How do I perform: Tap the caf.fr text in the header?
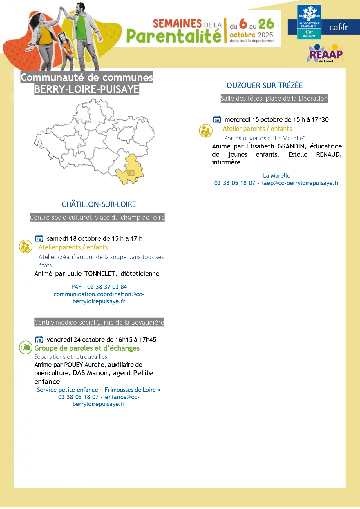[338, 27]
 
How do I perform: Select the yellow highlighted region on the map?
[130, 170]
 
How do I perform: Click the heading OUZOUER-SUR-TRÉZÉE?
[265, 85]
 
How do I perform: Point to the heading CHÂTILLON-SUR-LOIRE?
[99, 204]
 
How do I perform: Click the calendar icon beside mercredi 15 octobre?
[217, 119]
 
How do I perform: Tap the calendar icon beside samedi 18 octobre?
[39, 238]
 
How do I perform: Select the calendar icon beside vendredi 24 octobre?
[39, 339]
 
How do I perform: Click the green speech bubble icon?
[26, 347]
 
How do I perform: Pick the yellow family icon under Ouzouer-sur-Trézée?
[206, 131]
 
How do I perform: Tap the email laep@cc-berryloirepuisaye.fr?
[300, 183]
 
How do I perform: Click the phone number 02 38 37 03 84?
[107, 287]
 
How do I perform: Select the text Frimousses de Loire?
[130, 390]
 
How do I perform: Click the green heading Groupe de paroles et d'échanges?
[87, 348]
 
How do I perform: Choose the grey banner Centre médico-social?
[99, 322]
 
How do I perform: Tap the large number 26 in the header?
[266, 24]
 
